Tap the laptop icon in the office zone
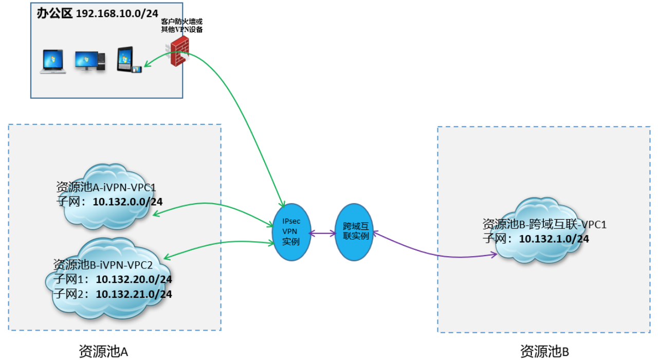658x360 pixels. pyautogui.click(x=53, y=62)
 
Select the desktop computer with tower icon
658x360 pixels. pyautogui.click(x=90, y=61)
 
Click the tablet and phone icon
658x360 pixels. pyautogui.click(x=128, y=61)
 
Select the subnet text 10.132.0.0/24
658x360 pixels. pyautogui.click(x=127, y=201)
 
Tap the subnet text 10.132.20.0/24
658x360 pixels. pyautogui.click(x=134, y=279)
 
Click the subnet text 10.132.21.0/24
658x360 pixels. pyautogui.click(x=134, y=294)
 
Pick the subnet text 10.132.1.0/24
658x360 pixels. pyautogui.click(x=554, y=239)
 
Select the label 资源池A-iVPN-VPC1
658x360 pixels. pyautogui.click(x=106, y=187)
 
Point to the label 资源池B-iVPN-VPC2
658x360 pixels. pyautogui.click(x=103, y=265)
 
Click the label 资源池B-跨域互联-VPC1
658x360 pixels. pyautogui.click(x=544, y=224)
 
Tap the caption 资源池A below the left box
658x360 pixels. pyautogui.click(x=103, y=351)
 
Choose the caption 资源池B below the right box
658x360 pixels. pyautogui.click(x=544, y=351)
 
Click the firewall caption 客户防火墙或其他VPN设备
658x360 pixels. pyautogui.click(x=182, y=26)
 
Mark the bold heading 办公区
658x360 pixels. pyautogui.click(x=54, y=13)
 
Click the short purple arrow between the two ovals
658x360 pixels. pyautogui.click(x=322, y=233)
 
